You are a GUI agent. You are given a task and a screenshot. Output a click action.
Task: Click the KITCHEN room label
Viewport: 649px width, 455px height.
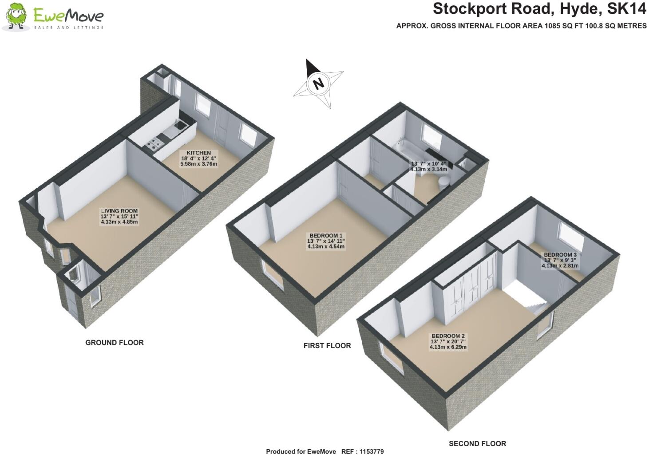(199, 153)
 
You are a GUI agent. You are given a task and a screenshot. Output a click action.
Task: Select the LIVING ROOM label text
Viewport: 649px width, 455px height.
(119, 211)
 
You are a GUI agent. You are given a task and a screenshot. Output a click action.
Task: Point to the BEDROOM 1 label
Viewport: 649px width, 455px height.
(326, 235)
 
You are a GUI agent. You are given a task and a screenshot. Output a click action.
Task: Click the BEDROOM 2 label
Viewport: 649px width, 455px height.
(448, 336)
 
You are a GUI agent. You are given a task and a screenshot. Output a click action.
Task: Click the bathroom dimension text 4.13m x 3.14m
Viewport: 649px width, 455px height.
(428, 169)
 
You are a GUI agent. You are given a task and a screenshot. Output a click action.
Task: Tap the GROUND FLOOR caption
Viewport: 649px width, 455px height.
(115, 343)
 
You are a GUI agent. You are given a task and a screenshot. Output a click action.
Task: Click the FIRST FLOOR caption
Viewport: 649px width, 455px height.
(327, 345)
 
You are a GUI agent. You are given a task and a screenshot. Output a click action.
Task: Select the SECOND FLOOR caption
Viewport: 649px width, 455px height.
(477, 443)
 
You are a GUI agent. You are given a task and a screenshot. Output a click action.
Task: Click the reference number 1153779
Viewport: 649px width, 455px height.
(369, 451)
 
